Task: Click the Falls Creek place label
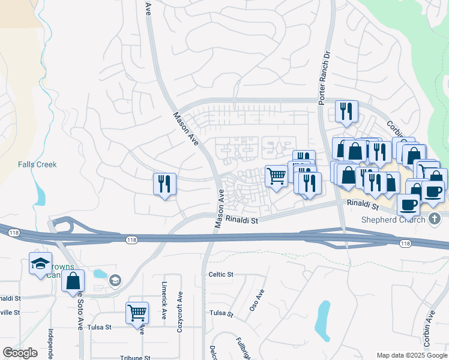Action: [x=37, y=164]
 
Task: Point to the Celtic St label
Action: [x=220, y=274]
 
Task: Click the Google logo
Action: [x=20, y=352]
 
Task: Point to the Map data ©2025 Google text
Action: [x=411, y=355]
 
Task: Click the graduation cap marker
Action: [x=40, y=263]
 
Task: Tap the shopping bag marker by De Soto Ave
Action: [x=73, y=280]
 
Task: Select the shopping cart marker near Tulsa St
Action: [x=137, y=312]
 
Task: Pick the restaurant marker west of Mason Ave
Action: [x=165, y=183]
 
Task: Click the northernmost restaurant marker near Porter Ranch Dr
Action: [x=346, y=110]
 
